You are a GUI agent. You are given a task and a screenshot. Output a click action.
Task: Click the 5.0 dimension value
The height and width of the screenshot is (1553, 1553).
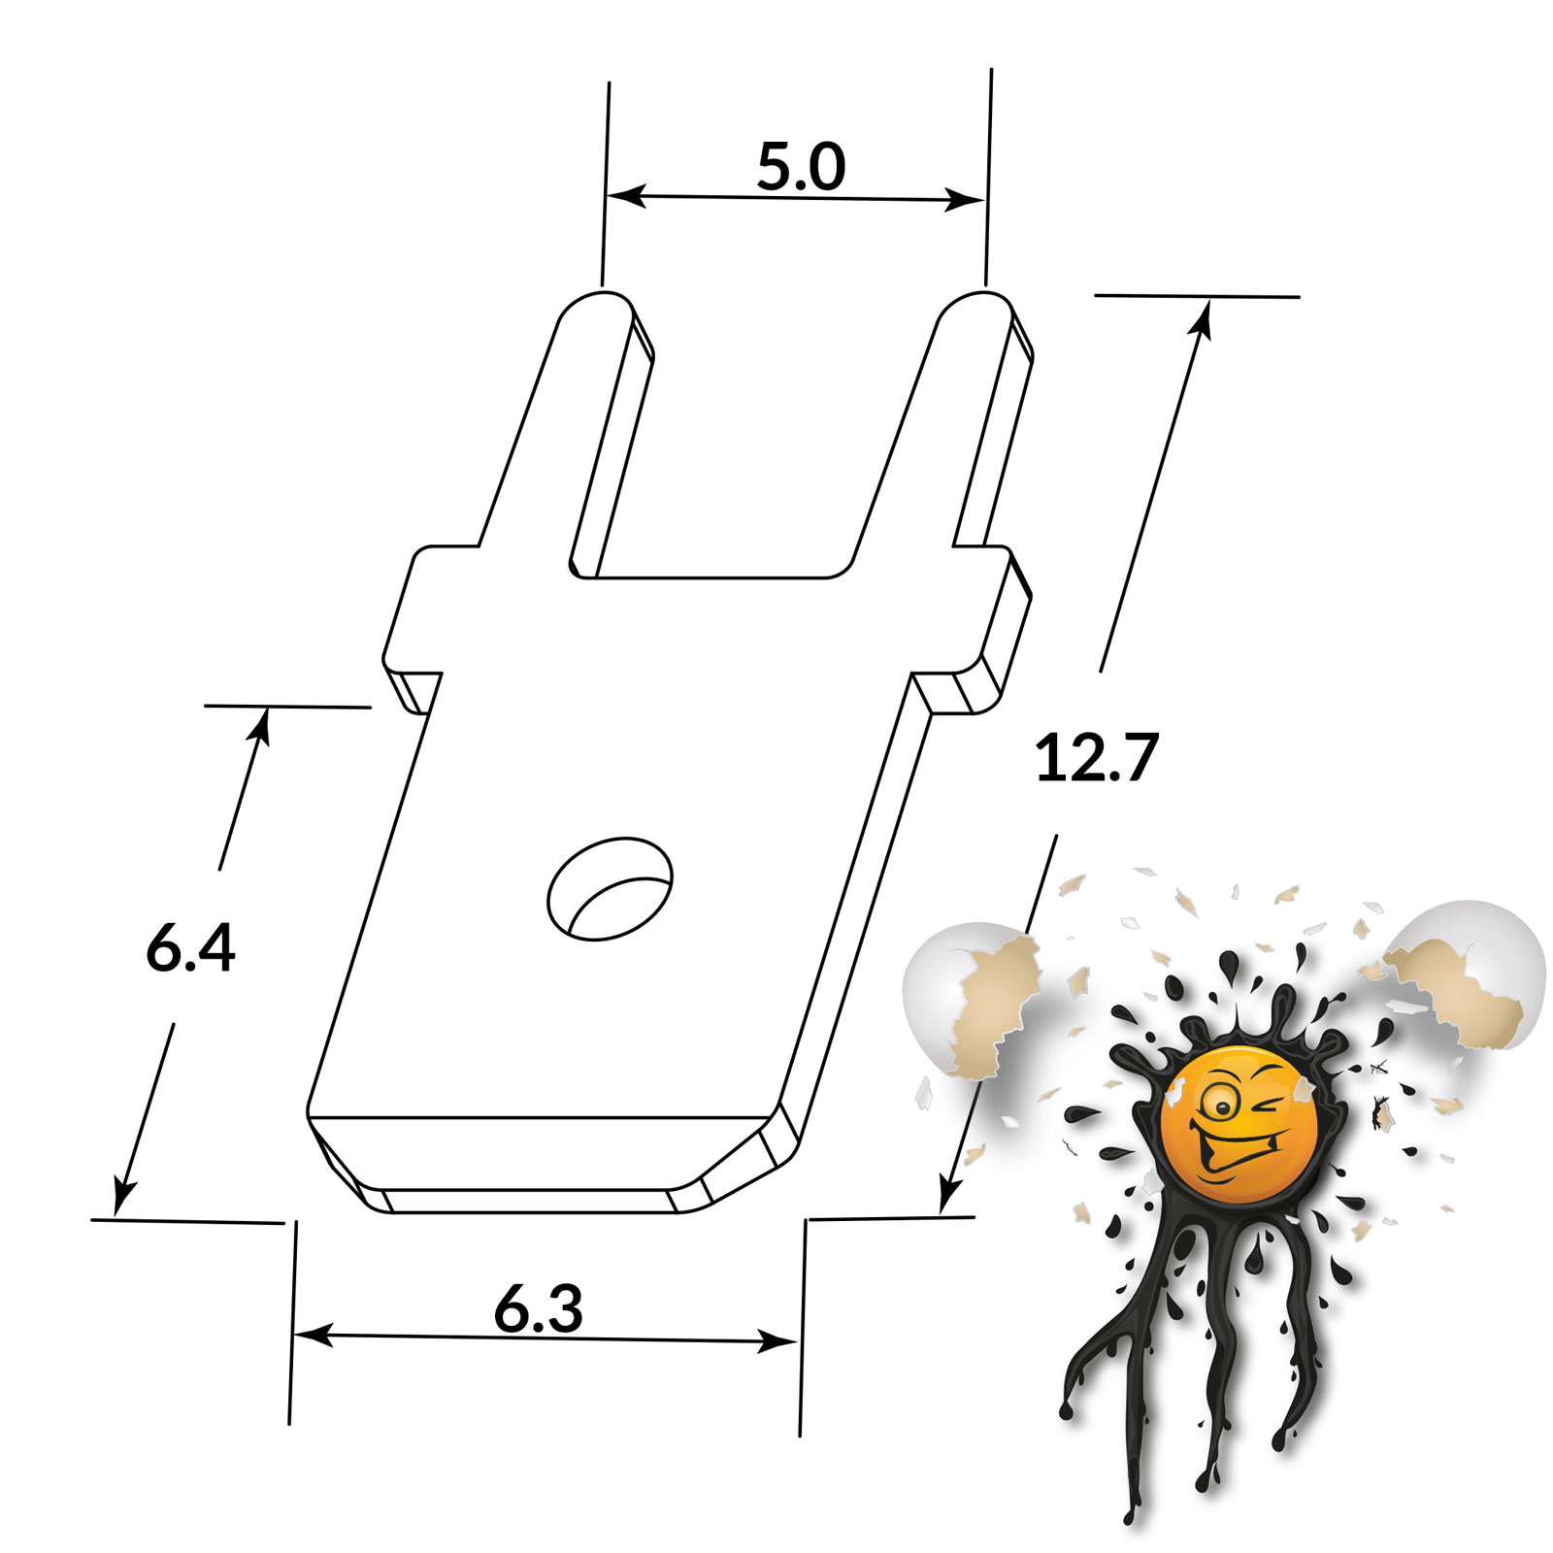point(801,166)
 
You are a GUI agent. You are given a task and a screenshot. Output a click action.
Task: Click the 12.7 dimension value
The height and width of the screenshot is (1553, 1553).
point(1097,758)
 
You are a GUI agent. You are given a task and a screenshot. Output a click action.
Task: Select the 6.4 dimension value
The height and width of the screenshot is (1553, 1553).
point(190,948)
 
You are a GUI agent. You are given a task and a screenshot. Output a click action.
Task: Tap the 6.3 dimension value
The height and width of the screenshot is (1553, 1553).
point(539,1308)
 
